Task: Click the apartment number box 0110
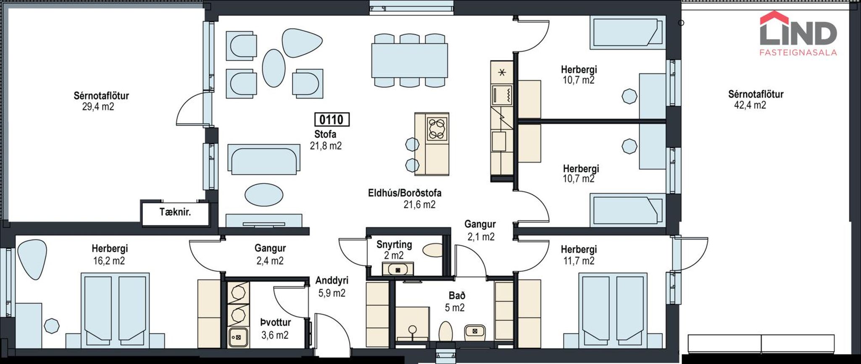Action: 332,120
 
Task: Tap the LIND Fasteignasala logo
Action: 798,34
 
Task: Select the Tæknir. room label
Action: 175,212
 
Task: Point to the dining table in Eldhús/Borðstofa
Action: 409,60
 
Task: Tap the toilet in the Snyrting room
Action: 433,250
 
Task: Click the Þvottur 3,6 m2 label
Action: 275,329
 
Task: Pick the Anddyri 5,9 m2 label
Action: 332,287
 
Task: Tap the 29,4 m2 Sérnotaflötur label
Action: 101,101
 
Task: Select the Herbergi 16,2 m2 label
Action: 109,255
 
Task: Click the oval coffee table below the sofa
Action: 264,195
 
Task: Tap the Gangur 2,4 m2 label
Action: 270,254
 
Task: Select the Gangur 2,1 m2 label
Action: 480,230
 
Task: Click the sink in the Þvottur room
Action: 238,337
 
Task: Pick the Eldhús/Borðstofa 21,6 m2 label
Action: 405,199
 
